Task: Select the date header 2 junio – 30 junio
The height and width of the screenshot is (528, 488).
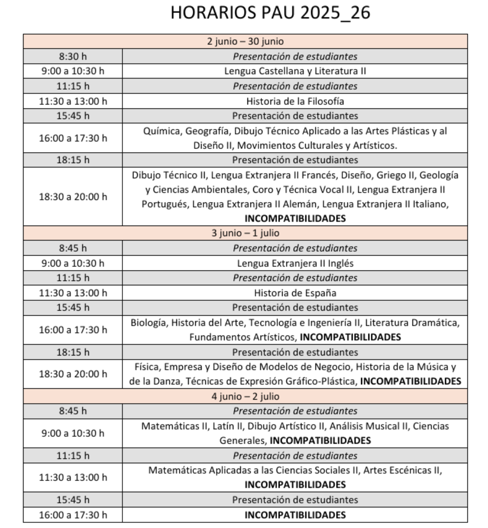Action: (x=245, y=41)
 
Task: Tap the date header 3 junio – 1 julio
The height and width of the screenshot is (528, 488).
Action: (x=245, y=233)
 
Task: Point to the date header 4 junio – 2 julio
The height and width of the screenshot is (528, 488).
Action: (x=245, y=396)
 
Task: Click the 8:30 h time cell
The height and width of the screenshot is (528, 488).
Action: (x=72, y=56)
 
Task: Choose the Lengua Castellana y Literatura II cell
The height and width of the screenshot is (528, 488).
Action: (x=295, y=71)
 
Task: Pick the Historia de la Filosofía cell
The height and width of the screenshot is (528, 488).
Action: (x=295, y=101)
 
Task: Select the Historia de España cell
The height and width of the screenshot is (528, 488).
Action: (x=295, y=293)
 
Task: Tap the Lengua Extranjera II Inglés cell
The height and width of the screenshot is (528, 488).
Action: (x=295, y=263)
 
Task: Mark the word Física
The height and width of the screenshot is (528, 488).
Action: (x=147, y=367)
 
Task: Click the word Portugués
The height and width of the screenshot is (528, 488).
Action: (x=165, y=204)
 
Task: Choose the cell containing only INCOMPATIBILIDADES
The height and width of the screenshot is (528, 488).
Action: (x=295, y=515)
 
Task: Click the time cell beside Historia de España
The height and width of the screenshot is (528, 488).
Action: (x=72, y=293)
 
